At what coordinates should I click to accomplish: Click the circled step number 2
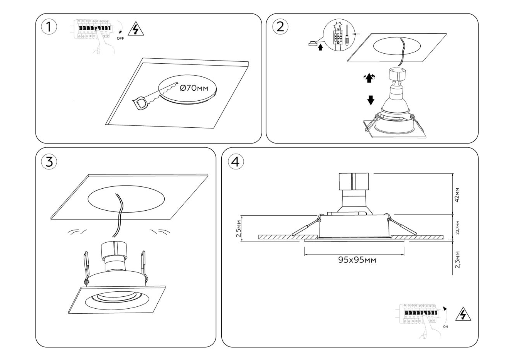[280, 26]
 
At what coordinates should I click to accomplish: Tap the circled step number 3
[49, 162]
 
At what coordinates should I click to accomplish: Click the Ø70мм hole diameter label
[194, 89]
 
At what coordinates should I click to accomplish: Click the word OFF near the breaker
[121, 38]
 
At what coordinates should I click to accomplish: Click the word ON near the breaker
[446, 326]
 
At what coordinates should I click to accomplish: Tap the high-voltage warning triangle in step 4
[463, 315]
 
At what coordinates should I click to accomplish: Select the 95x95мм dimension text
[357, 260]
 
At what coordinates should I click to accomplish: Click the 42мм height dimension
[457, 195]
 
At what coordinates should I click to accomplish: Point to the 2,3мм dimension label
[457, 259]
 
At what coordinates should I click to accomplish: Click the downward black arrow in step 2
[371, 100]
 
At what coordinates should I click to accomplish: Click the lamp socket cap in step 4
[353, 182]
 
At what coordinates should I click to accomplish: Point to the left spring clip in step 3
[87, 264]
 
